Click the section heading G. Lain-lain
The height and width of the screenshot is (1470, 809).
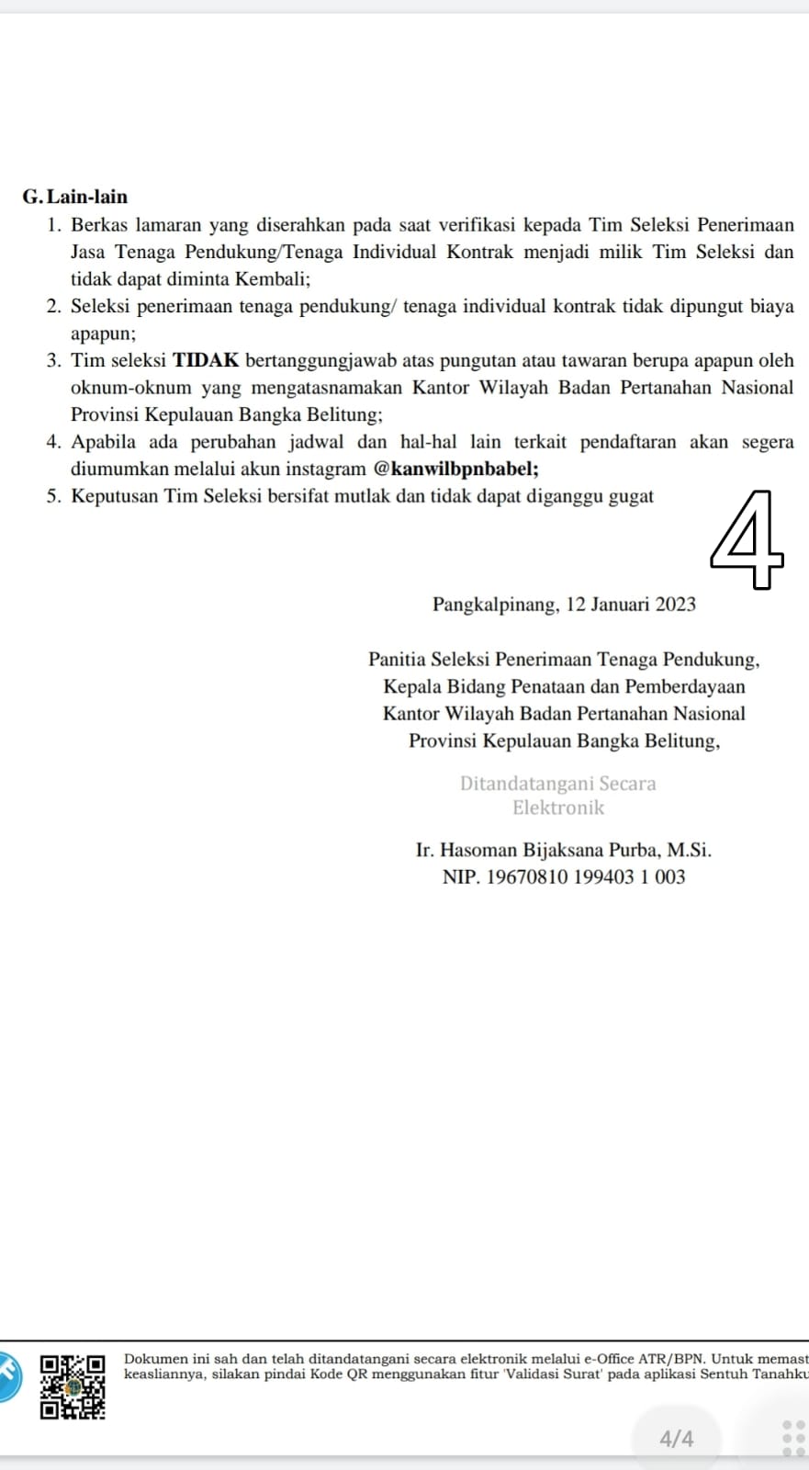coord(75,197)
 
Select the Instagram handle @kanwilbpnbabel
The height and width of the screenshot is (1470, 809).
coord(455,469)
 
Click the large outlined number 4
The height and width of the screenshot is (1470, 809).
coord(747,541)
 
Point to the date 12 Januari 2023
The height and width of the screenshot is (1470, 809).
coord(631,605)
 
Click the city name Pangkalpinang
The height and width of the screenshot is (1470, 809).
coord(494,605)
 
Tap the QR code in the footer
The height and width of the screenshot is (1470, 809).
coord(73,1386)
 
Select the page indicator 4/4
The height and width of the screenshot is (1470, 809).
coord(677,1439)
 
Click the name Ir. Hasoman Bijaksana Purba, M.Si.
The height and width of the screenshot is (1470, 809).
coord(563,850)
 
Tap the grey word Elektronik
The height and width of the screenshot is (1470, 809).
coord(558,808)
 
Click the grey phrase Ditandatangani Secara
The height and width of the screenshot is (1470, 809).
coord(558,784)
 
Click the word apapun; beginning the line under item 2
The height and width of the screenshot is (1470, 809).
coord(103,334)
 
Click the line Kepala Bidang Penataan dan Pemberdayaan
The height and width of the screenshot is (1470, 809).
coord(564,686)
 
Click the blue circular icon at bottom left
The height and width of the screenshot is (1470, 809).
coord(7,1375)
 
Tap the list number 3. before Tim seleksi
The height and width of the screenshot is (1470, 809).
coord(54,361)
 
